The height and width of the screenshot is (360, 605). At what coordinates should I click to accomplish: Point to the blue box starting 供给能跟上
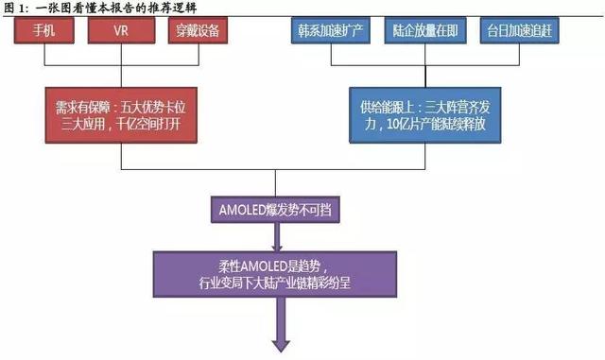pyautogui.click(x=423, y=113)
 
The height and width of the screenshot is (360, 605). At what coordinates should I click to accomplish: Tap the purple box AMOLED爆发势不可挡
pyautogui.click(x=274, y=209)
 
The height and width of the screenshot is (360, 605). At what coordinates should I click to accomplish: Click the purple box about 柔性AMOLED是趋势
pyautogui.click(x=274, y=279)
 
